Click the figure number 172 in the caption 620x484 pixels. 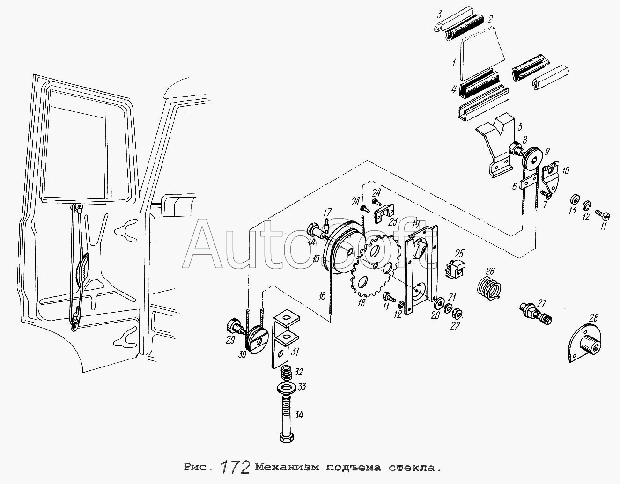[x=235, y=467]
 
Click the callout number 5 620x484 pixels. [x=520, y=127]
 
